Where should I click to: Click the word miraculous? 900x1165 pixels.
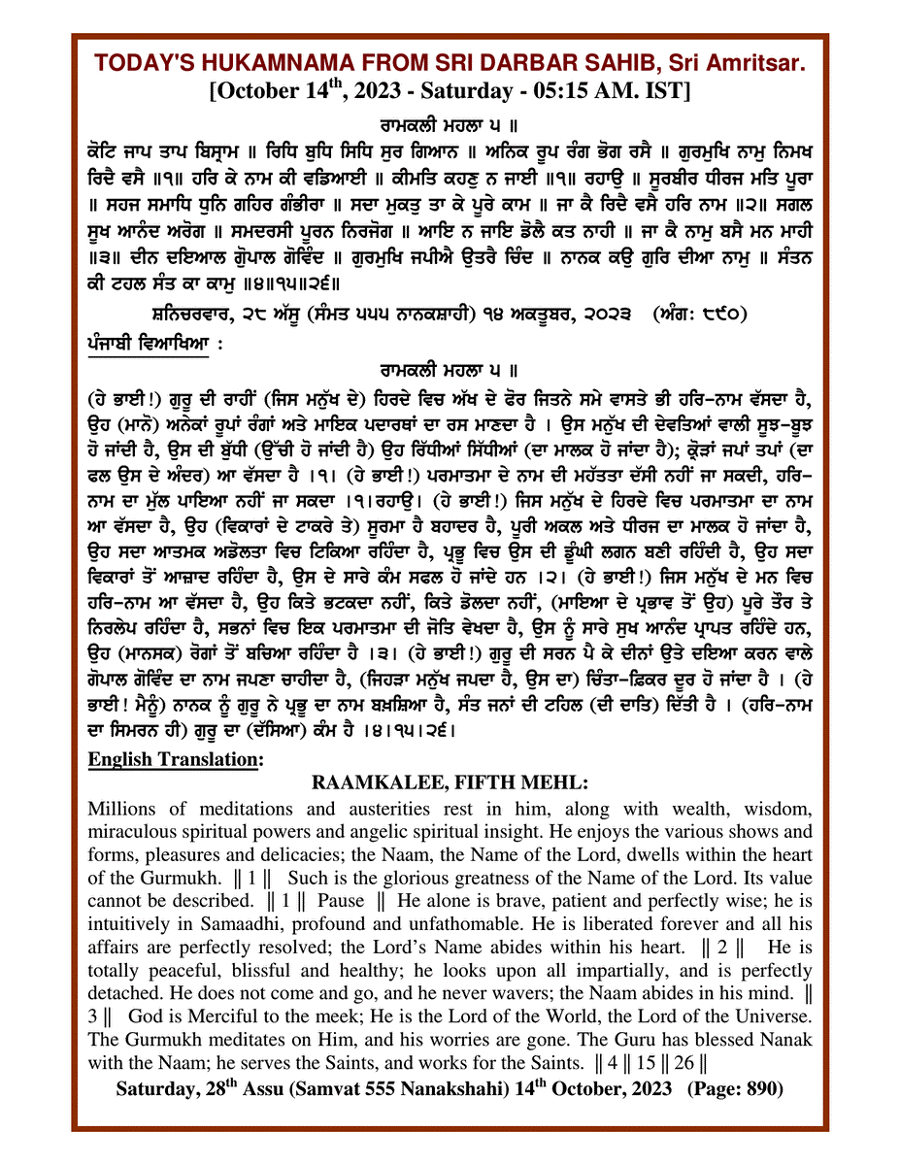click(132, 832)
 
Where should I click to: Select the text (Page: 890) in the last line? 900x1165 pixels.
click(735, 1089)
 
